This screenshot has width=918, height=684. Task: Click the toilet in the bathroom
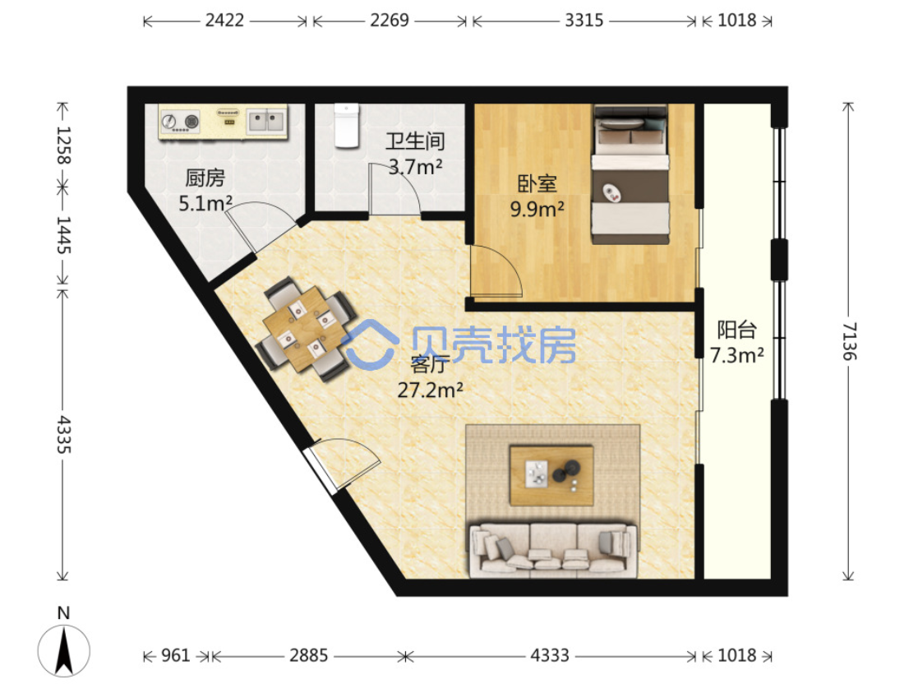346,125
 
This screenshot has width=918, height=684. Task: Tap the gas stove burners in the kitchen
180,122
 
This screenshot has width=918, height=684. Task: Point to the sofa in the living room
553,550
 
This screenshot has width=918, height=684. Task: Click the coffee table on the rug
551,475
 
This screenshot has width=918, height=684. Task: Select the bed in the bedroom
630,174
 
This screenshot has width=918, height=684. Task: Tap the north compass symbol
64,645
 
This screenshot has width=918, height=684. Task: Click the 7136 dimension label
849,341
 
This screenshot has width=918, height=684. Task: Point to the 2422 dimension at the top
224,21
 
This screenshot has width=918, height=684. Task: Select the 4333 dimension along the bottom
550,654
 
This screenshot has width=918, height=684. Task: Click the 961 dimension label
175,654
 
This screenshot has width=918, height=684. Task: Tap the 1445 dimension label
64,235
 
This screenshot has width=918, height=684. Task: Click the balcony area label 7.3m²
737,355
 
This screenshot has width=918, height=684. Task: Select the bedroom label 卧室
537,184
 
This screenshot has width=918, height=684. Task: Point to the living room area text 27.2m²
431,390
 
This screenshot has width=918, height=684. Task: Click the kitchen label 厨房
205,178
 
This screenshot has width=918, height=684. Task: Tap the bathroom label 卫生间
415,141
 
